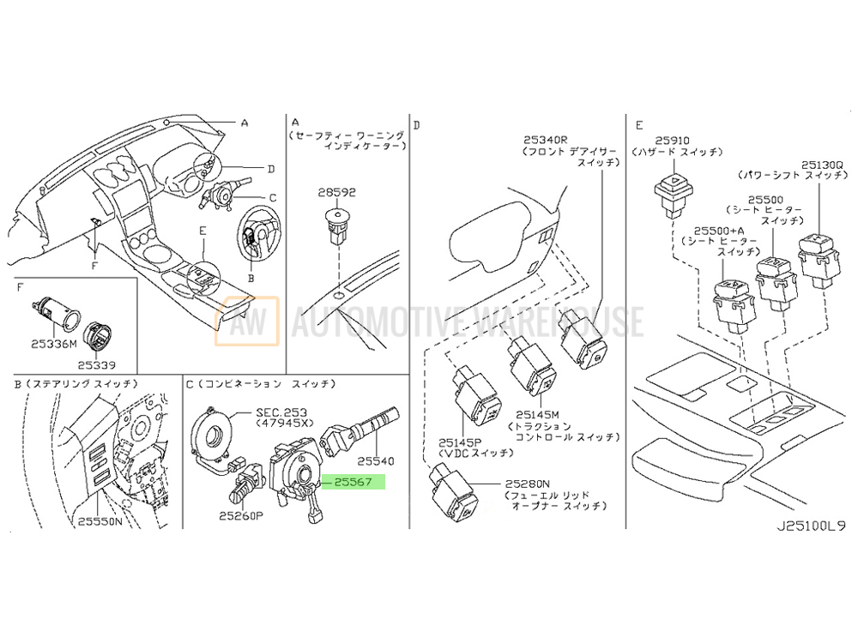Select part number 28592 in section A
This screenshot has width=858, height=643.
click(337, 193)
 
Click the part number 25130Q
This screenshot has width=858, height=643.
click(822, 163)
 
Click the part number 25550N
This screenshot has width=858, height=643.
click(101, 520)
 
